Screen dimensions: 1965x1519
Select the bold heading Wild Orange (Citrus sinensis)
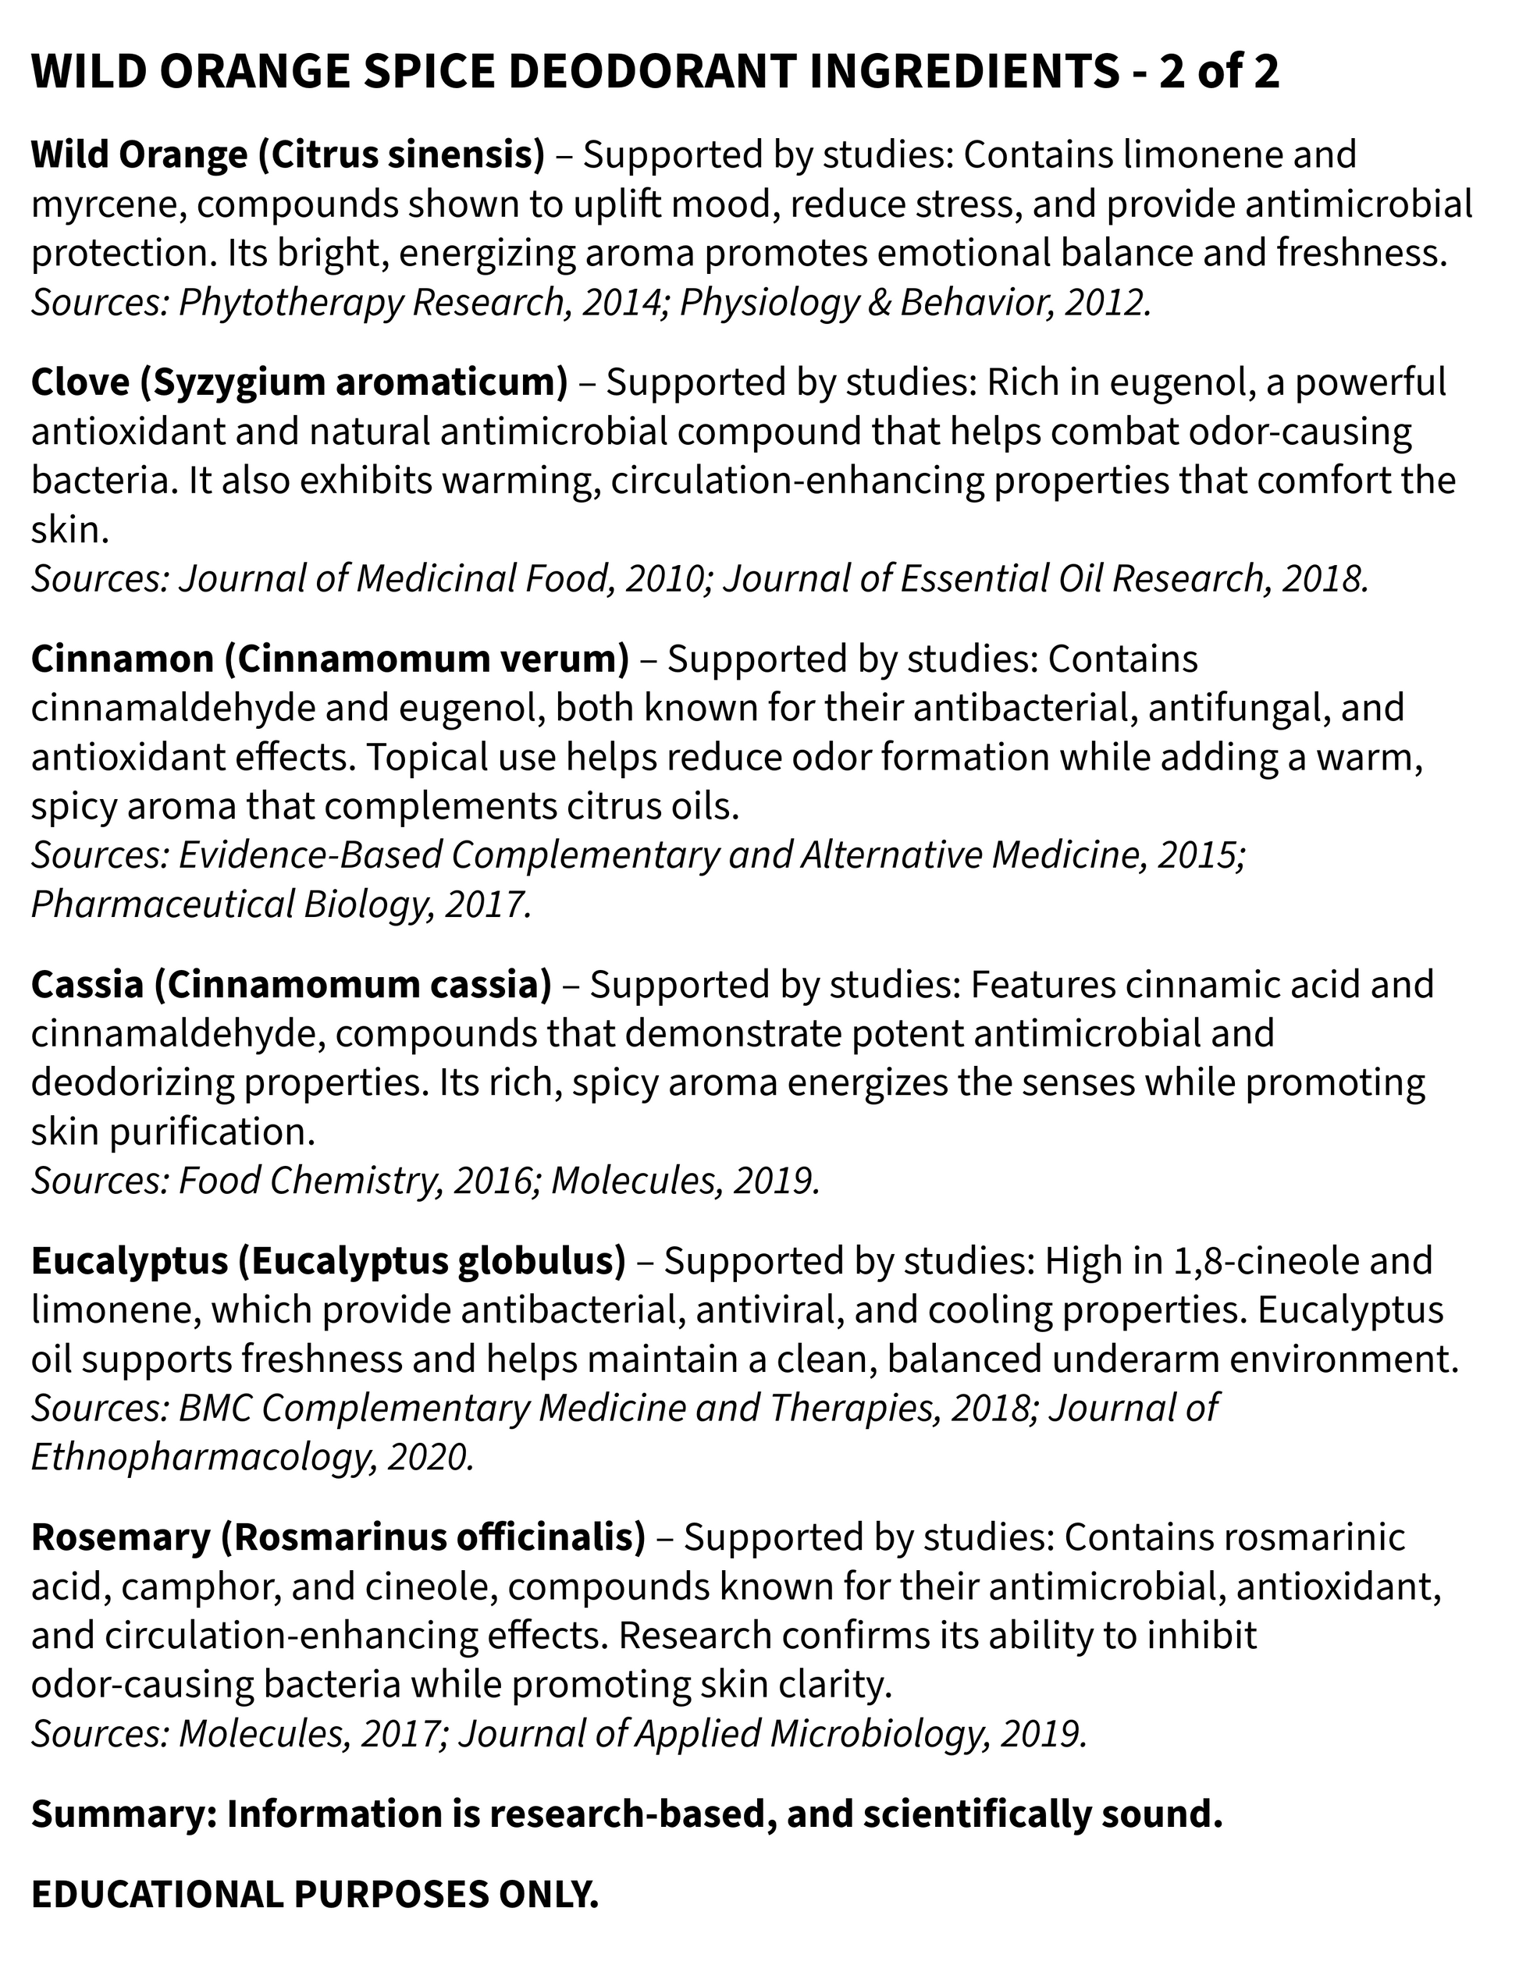pyautogui.click(x=288, y=155)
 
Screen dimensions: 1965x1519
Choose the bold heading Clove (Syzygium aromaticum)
pyautogui.click(x=299, y=382)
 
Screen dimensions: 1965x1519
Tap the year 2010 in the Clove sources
pyautogui.click(x=664, y=577)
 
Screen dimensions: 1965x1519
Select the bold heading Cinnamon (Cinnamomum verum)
pyautogui.click(x=329, y=659)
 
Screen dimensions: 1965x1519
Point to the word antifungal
pyautogui.click(x=1233, y=708)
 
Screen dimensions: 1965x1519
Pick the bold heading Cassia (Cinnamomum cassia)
pyautogui.click(x=290, y=984)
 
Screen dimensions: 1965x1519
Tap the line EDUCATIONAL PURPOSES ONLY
pyautogui.click(x=315, y=1896)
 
